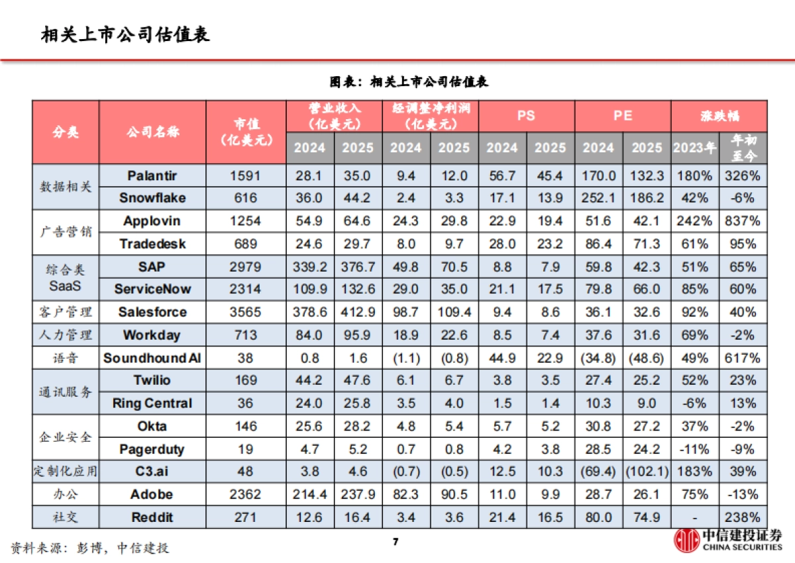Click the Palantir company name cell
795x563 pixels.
pyautogui.click(x=152, y=176)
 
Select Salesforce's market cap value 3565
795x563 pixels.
pyautogui.click(x=246, y=312)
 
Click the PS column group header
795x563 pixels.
pyautogui.click(x=526, y=115)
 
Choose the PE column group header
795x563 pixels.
pyautogui.click(x=622, y=115)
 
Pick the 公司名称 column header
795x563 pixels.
pyautogui.click(x=152, y=132)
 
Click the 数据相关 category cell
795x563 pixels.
pyautogui.click(x=66, y=187)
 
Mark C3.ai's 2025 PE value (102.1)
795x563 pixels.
pyautogui.click(x=646, y=472)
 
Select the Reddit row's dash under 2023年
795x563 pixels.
pyautogui.click(x=694, y=517)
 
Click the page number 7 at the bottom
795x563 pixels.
pyautogui.click(x=396, y=542)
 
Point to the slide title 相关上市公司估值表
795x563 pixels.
pyautogui.click(x=125, y=34)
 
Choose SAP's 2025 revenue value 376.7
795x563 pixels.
pyautogui.click(x=358, y=267)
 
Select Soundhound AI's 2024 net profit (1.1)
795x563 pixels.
pyautogui.click(x=405, y=358)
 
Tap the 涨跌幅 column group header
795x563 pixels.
pyautogui.click(x=719, y=115)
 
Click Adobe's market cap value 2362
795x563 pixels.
pyautogui.click(x=246, y=495)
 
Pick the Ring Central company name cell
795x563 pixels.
pyautogui.click(x=152, y=403)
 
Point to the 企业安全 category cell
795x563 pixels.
pyautogui.click(x=66, y=438)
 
